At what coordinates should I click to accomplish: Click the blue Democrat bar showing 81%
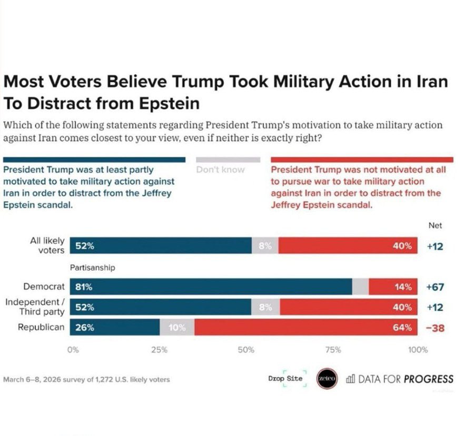[211, 287]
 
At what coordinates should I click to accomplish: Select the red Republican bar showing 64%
[305, 328]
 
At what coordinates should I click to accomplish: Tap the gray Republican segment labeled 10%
[177, 328]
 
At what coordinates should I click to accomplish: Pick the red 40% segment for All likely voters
[348, 246]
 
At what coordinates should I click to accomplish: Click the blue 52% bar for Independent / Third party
[161, 308]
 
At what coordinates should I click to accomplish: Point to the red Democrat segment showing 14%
[393, 287]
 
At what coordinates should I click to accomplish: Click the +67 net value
[435, 287]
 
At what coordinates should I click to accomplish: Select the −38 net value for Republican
[435, 328]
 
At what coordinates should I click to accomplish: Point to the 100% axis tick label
[419, 350]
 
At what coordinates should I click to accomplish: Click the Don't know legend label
[221, 170]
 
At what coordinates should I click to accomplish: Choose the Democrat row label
[44, 287]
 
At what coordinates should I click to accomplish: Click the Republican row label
[41, 328]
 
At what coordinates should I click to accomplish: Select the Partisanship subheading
[93, 267]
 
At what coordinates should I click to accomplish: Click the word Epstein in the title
[165, 103]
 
